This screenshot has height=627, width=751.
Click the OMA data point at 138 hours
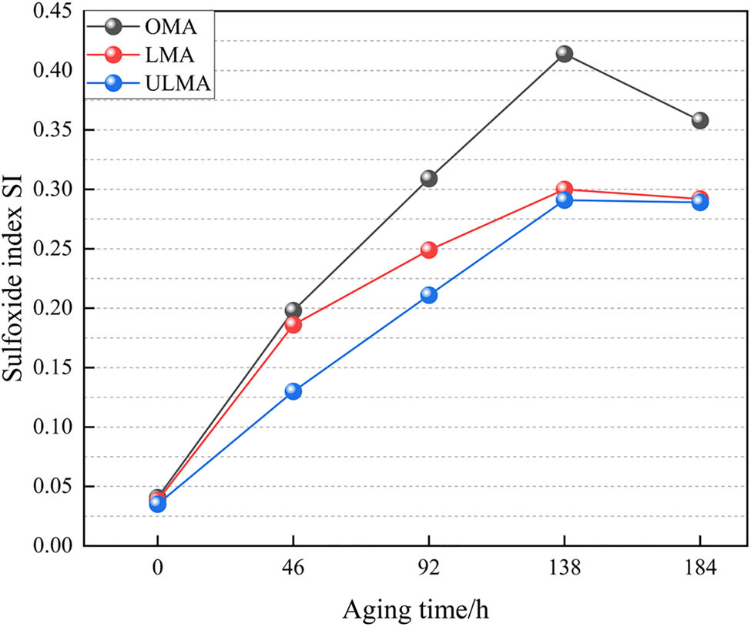(x=565, y=54)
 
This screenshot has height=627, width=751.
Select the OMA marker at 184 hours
(x=699, y=120)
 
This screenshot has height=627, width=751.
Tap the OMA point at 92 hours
(x=429, y=179)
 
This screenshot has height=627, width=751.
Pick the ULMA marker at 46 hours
(x=293, y=391)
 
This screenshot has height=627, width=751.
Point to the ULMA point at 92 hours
(x=429, y=295)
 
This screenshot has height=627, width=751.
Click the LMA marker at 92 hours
(x=429, y=250)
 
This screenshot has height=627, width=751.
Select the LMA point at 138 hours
(x=565, y=189)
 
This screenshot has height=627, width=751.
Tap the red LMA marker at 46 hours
(x=293, y=325)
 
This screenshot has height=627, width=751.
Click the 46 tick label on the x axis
(x=293, y=569)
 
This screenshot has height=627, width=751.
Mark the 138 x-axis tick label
(x=565, y=569)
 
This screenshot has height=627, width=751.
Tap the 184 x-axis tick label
(x=699, y=569)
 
